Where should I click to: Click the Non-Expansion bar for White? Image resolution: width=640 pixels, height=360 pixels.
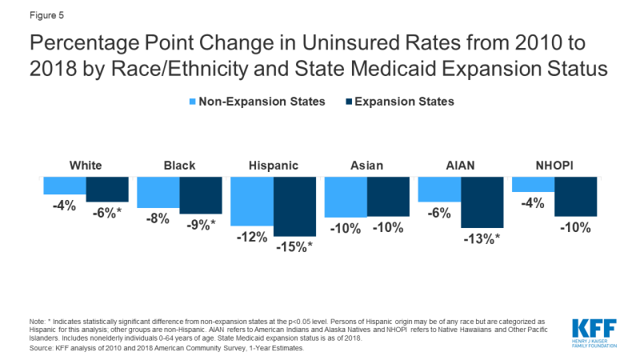coord(65,185)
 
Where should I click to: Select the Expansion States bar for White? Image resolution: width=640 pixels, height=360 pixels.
coord(107,189)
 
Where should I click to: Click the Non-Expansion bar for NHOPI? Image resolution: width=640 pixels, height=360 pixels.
coord(533,184)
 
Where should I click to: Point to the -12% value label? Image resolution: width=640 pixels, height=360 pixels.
coord(252,238)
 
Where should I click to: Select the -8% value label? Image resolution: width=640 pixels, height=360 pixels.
coord(158,218)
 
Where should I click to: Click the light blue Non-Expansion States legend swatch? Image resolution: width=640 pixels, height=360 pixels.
coord(193,102)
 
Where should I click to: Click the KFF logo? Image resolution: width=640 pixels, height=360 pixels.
coord(594,331)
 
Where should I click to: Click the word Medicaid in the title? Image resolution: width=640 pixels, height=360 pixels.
coord(416,68)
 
